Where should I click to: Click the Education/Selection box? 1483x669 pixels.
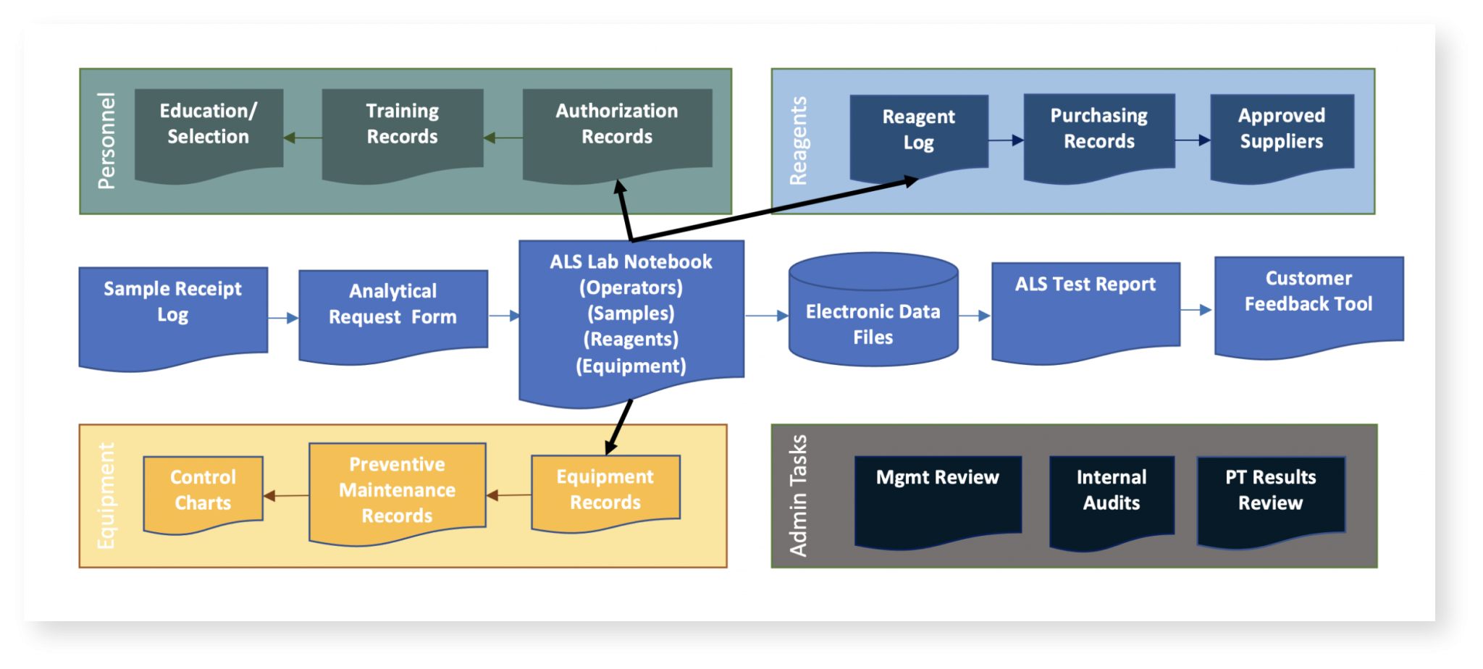[209, 130]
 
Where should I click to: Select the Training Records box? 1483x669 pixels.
[403, 130]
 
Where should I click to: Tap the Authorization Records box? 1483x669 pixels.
[617, 130]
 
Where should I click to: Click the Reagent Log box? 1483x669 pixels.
[918, 134]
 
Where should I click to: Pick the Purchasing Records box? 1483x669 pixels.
[1098, 134]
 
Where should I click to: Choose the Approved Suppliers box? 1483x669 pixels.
[1282, 134]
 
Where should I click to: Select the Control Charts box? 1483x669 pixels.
[203, 492]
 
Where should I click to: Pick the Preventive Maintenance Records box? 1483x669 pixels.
[397, 491]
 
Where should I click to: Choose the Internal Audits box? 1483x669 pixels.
[1112, 496]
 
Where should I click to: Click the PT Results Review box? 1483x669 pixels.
[1271, 496]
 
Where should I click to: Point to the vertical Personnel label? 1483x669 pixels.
[106, 141]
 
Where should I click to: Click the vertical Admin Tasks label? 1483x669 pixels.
[798, 496]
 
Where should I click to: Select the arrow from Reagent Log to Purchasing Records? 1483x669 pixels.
[1006, 140]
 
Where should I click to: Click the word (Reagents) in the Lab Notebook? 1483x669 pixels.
[631, 340]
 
